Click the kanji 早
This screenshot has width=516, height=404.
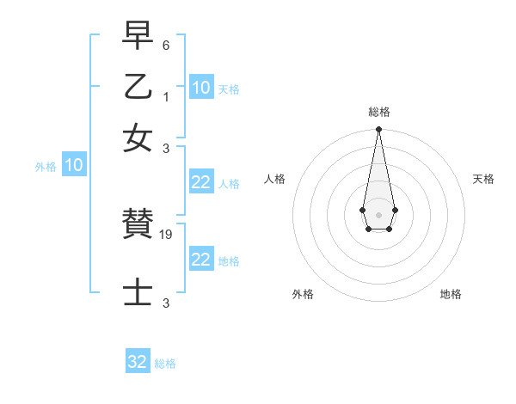[138, 36]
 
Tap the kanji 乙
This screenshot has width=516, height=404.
[138, 87]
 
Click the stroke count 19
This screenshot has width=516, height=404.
[167, 235]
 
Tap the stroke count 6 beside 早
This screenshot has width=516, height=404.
[166, 44]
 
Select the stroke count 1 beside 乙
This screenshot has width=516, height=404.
[166, 96]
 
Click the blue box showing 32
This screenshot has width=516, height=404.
[138, 362]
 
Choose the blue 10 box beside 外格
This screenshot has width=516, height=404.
[73, 166]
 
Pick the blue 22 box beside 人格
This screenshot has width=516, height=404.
[200, 182]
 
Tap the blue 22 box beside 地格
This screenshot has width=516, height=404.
[200, 260]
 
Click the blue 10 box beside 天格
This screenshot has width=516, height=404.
[200, 88]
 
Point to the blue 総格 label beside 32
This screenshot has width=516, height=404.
[165, 364]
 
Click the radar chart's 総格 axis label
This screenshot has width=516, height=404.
[378, 112]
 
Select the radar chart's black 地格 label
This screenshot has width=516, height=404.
[451, 294]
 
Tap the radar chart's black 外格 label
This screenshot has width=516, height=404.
[303, 294]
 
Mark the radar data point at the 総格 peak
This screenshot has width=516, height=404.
[378, 130]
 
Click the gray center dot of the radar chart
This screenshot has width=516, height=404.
[378, 214]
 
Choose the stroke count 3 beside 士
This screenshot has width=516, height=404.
[166, 303]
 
